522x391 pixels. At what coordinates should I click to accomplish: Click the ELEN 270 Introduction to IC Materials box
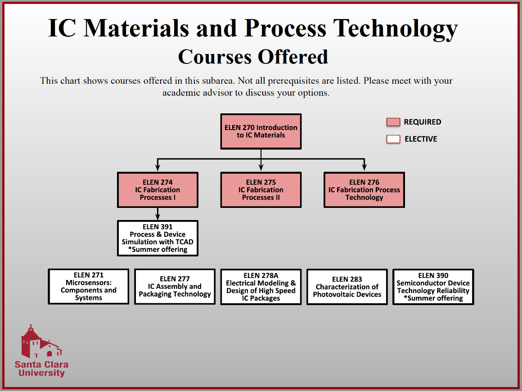coord(261,131)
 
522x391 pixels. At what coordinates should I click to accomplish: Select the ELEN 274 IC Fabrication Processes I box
coord(157,189)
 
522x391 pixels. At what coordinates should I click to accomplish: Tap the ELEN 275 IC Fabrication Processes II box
coord(261,189)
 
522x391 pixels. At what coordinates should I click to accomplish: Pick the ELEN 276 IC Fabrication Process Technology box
coord(364,189)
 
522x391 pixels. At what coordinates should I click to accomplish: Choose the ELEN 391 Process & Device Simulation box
coord(157,238)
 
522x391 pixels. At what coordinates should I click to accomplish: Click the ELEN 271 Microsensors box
coord(88,287)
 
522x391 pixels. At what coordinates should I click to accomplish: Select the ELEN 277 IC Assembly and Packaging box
coord(175,287)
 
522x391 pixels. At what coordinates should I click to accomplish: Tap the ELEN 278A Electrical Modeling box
coord(261,287)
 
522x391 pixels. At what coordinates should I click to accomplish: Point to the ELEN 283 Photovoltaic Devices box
coord(347,287)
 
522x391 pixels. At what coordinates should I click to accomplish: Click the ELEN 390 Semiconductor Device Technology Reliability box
coord(433,287)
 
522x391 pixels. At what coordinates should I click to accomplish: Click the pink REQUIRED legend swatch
coord(393,122)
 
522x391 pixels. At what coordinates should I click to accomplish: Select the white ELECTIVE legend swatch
coord(393,139)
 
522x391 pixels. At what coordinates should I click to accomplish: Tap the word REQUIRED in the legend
coord(422,122)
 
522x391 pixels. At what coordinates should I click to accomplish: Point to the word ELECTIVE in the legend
coord(421,139)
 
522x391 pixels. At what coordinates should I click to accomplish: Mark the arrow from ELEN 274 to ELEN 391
coord(157,214)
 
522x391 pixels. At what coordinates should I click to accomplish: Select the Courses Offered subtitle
coord(253,57)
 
